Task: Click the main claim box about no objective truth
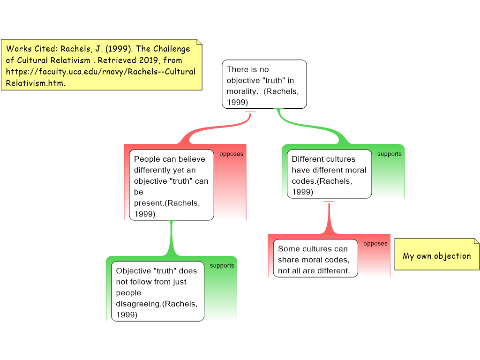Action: click(264, 84)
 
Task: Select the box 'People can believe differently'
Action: click(171, 186)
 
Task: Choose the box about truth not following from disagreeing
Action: click(157, 291)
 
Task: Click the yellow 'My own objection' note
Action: click(437, 255)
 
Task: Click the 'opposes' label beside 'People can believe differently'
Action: click(231, 154)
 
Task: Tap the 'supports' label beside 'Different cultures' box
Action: click(389, 154)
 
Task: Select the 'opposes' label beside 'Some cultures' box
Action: click(375, 243)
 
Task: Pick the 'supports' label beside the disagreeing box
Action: click(222, 265)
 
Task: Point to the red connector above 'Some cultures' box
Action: click(329, 220)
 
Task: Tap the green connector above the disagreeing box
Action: click(172, 239)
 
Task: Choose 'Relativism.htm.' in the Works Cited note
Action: click(35, 83)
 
